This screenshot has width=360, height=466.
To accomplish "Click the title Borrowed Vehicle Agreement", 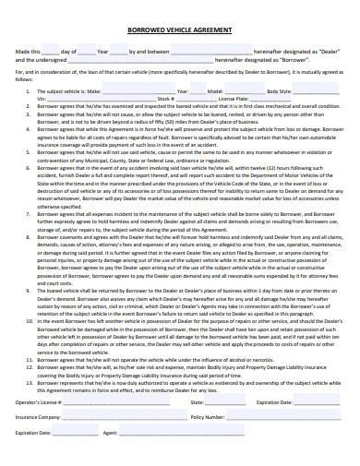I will coord(179,30).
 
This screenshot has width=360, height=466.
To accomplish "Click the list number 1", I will coord(28,92).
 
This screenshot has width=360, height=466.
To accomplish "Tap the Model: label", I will coord(215,92).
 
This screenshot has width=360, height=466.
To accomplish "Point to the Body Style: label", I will coord(279,92).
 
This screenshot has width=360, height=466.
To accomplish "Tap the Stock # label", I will coord(166,98).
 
